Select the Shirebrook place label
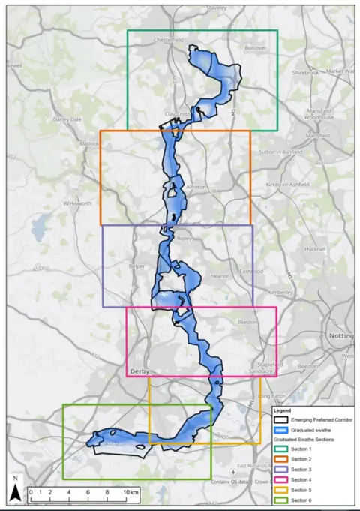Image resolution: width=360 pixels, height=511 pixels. coord(307,73)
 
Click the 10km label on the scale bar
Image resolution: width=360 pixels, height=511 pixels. coord(130,493)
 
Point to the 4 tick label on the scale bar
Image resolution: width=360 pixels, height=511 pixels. coord(69,493)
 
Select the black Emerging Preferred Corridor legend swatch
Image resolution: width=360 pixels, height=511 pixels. coord(281,420)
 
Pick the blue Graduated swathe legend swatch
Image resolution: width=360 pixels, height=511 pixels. coord(281,430)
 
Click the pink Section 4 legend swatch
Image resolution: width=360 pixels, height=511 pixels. coord(281,479)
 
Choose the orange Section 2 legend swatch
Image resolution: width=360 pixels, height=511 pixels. coord(281,459)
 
